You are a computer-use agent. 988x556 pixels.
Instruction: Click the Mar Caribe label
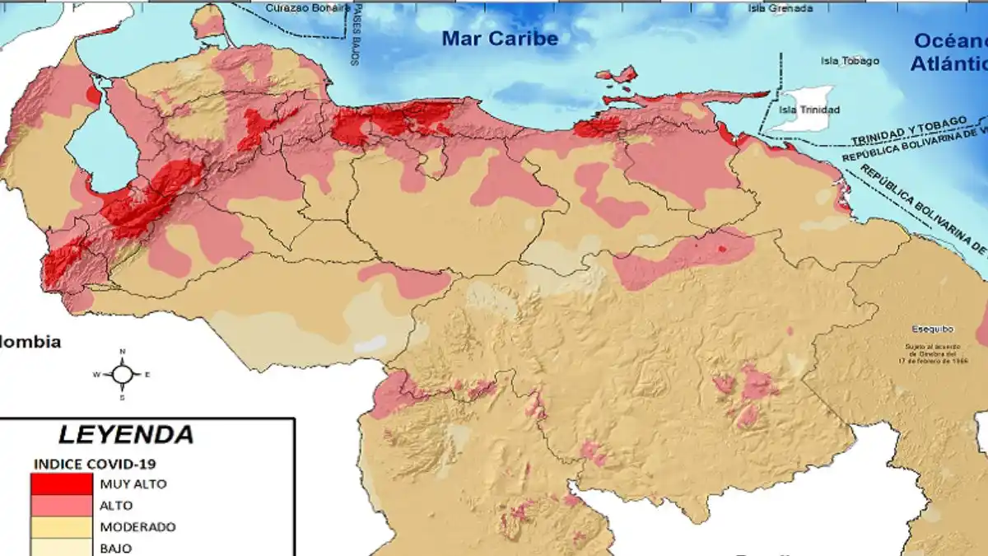pyautogui.click(x=499, y=38)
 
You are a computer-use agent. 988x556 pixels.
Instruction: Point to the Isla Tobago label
pyautogui.click(x=850, y=61)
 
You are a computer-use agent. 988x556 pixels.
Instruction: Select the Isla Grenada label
pyautogui.click(x=780, y=8)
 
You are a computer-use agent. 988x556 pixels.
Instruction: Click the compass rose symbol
pyautogui.click(x=122, y=375)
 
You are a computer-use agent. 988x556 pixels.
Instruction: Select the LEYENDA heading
pyautogui.click(x=126, y=434)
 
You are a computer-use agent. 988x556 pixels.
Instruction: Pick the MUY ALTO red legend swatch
pyautogui.click(x=61, y=484)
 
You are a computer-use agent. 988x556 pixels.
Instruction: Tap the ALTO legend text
pyautogui.click(x=115, y=505)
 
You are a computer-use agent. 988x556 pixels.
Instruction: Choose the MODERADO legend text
pyautogui.click(x=137, y=526)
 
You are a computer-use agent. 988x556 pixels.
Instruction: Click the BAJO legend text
pyautogui.click(x=115, y=548)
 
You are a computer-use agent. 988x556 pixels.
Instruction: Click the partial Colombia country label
pyautogui.click(x=30, y=342)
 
